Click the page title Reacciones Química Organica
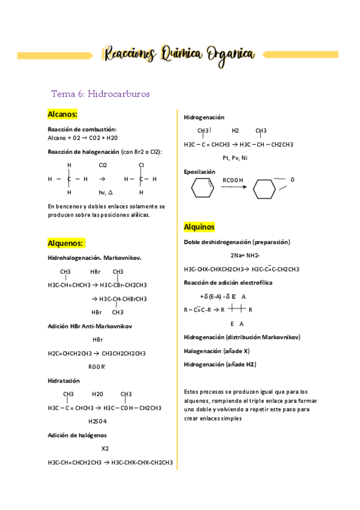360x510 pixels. click(178, 54)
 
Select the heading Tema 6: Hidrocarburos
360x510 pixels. click(100, 94)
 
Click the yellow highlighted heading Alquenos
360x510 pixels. click(66, 243)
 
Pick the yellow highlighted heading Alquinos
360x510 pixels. click(199, 227)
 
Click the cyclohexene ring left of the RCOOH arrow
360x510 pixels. click(203, 188)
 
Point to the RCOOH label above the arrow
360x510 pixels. click(233, 180)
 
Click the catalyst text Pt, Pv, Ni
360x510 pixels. click(234, 158)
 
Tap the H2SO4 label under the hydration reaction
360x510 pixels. click(97, 421)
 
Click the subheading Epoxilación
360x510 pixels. click(199, 171)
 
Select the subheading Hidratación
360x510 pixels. click(63, 381)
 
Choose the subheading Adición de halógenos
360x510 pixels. click(78, 435)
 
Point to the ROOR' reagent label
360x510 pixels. click(97, 366)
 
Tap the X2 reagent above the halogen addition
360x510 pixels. click(105, 449)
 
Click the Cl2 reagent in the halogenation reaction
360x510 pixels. click(103, 165)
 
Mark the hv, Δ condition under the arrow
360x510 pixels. click(105, 192)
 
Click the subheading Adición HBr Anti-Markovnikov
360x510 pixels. click(90, 326)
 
